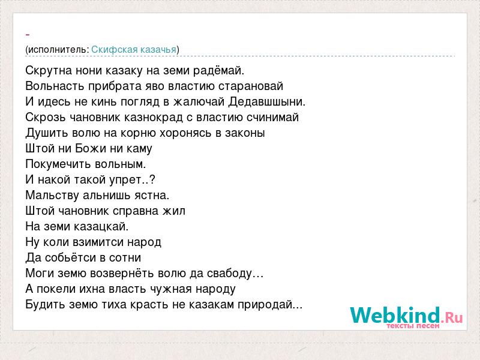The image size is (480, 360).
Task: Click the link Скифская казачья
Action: [x=134, y=50]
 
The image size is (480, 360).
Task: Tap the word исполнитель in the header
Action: [x=58, y=50]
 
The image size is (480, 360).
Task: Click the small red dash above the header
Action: [x=28, y=35]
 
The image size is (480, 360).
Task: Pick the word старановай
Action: [x=251, y=86]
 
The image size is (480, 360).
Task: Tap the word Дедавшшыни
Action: [x=266, y=102]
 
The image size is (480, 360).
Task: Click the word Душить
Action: [x=47, y=133]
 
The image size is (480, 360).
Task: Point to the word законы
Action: [x=245, y=133]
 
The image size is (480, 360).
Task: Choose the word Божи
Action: [x=91, y=148]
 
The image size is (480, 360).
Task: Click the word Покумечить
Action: [x=58, y=164]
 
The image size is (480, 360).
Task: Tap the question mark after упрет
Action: [x=152, y=179]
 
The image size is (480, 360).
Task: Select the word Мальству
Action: [x=52, y=196]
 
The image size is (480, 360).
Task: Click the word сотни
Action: [x=125, y=258]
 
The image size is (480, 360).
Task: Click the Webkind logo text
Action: [x=406, y=316]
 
